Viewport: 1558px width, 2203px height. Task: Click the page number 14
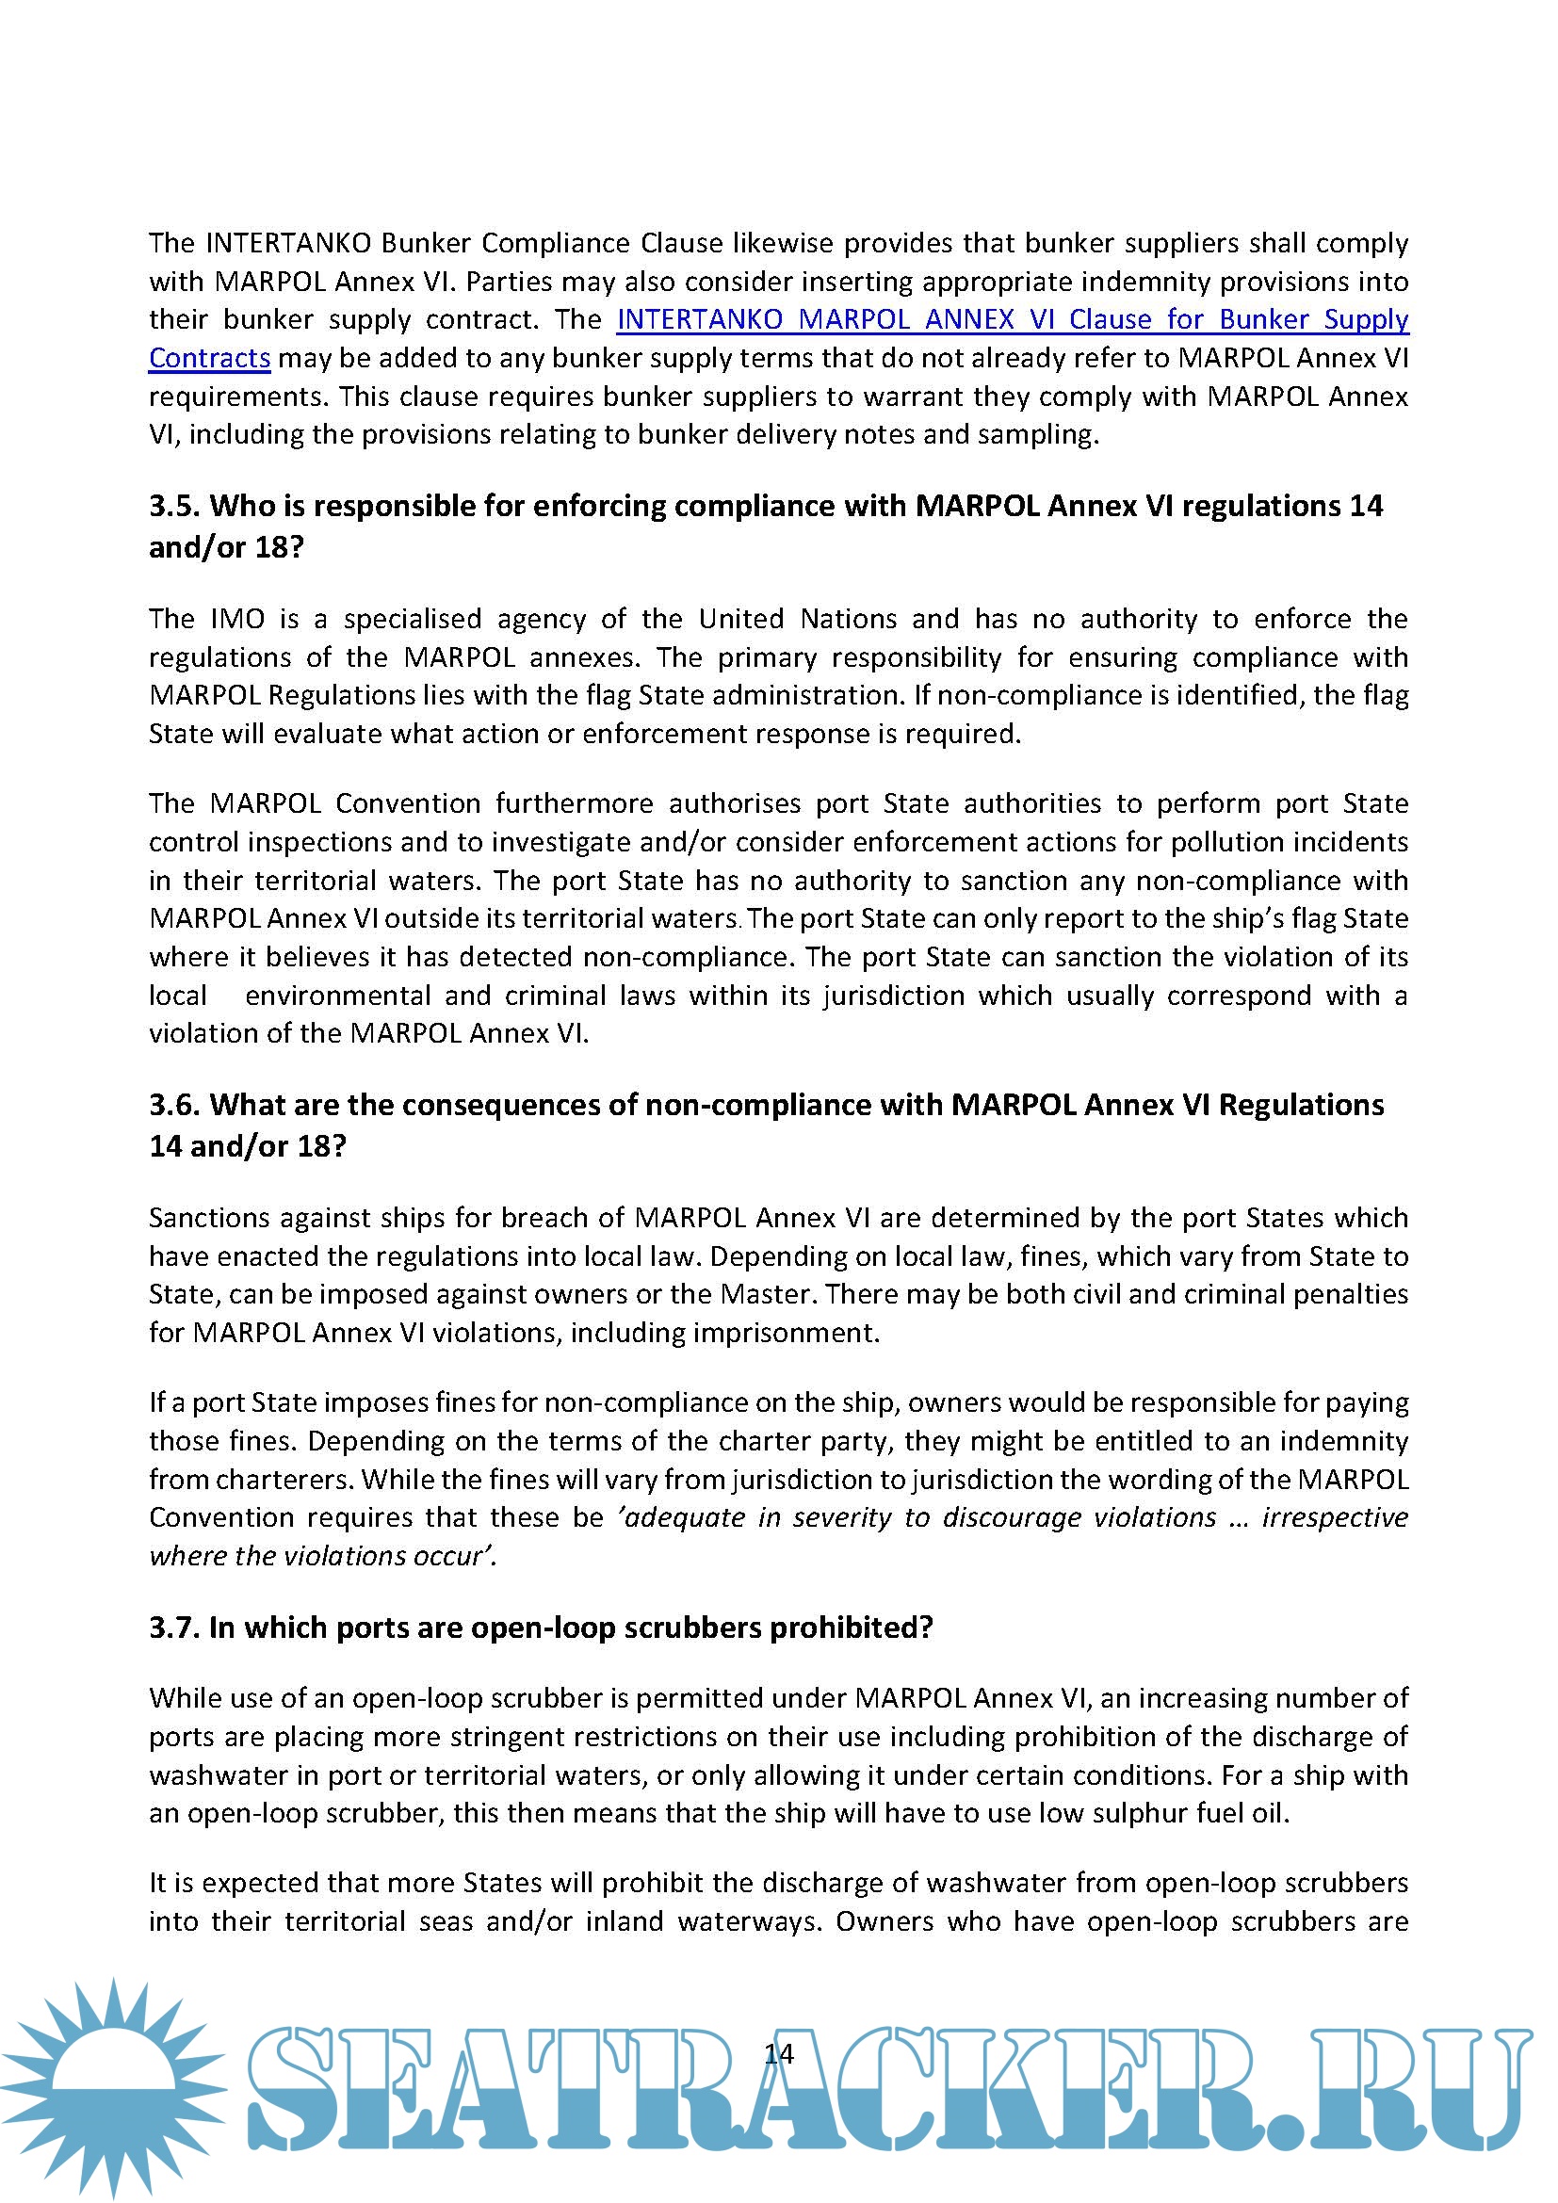coord(779,2052)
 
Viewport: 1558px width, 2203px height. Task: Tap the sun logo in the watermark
coord(113,2086)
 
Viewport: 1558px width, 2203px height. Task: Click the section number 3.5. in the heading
coord(175,506)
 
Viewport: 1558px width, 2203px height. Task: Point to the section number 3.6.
coord(175,1105)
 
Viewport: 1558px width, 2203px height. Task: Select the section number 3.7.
coord(175,1628)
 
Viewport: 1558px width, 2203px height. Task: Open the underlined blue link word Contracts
coord(209,358)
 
